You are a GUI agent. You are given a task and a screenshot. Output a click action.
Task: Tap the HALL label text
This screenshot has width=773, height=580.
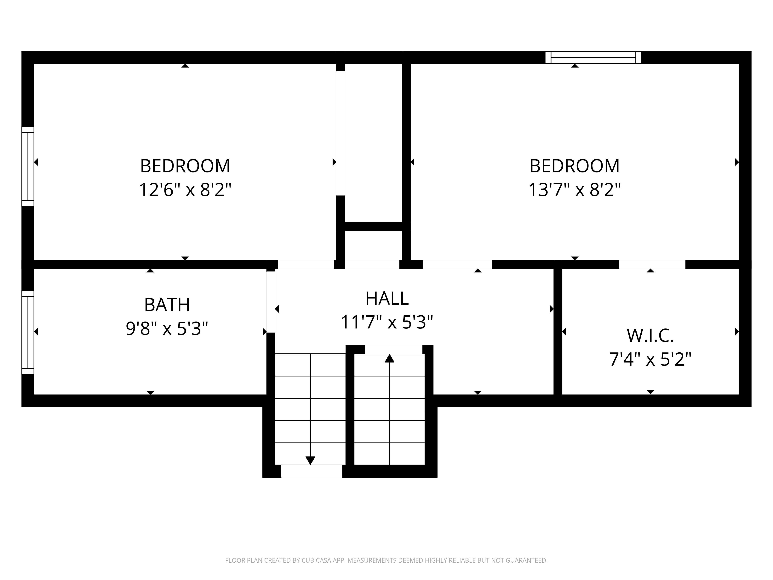coord(387,298)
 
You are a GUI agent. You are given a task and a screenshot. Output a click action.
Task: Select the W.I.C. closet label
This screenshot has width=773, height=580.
coord(650,336)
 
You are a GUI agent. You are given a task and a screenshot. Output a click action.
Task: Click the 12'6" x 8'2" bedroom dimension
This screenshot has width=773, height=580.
coord(185,190)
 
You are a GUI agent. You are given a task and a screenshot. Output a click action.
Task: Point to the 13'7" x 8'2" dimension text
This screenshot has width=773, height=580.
coord(575,190)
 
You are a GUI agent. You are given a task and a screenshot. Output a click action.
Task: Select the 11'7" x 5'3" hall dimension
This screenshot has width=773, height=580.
coord(387,322)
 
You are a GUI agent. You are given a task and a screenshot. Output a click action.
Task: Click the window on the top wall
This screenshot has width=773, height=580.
coord(593,58)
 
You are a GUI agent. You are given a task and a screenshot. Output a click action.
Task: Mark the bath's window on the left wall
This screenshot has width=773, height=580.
coord(28,333)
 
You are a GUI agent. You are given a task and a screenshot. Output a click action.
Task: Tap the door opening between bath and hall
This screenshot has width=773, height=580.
coord(271,302)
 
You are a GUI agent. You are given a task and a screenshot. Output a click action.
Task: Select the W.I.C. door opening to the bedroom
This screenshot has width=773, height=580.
coord(652,265)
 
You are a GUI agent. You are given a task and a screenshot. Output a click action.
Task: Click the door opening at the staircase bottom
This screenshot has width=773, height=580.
coord(312,471)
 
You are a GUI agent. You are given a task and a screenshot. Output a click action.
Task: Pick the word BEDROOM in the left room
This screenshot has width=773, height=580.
coord(185,166)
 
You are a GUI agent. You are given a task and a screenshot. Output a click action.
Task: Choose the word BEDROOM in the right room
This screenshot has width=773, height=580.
coord(575,166)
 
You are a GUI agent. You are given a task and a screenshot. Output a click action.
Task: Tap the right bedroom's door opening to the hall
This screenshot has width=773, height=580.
coord(457,265)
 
